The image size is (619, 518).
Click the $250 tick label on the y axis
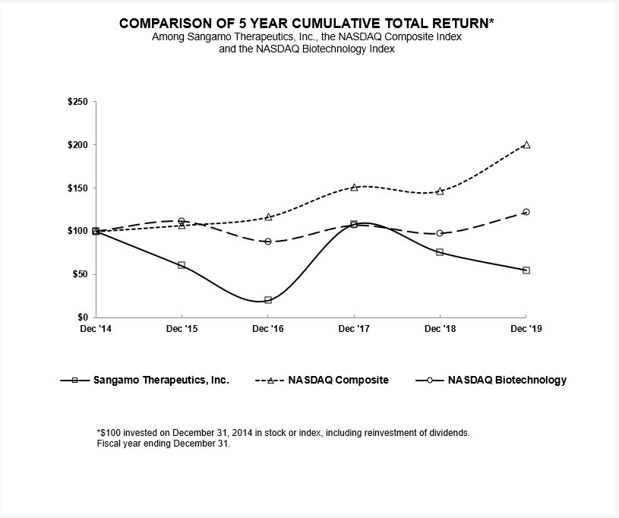pyautogui.click(x=77, y=102)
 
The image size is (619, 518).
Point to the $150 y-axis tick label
pyautogui.click(x=77, y=188)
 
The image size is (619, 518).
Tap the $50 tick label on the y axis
pyautogui.click(x=80, y=273)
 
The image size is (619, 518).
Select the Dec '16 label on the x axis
pyautogui.click(x=268, y=328)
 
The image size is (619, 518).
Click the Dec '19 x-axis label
pyautogui.click(x=526, y=328)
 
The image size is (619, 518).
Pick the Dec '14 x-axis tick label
pyautogui.click(x=96, y=328)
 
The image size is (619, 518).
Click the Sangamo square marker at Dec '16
pyautogui.click(x=268, y=300)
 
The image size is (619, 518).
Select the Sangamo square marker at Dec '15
pyautogui.click(x=182, y=265)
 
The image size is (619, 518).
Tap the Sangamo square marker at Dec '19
pyautogui.click(x=526, y=270)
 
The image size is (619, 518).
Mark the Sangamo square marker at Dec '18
pyautogui.click(x=440, y=252)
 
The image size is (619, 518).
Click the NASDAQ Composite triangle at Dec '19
pyautogui.click(x=526, y=144)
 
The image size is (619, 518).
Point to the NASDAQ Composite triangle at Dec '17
pyautogui.click(x=354, y=187)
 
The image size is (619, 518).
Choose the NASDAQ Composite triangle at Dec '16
pyautogui.click(x=268, y=217)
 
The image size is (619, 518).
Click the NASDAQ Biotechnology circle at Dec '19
pyautogui.click(x=526, y=212)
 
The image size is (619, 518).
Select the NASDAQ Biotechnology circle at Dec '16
pyautogui.click(x=268, y=242)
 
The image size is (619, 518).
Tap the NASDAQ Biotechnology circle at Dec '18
pyautogui.click(x=440, y=233)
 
